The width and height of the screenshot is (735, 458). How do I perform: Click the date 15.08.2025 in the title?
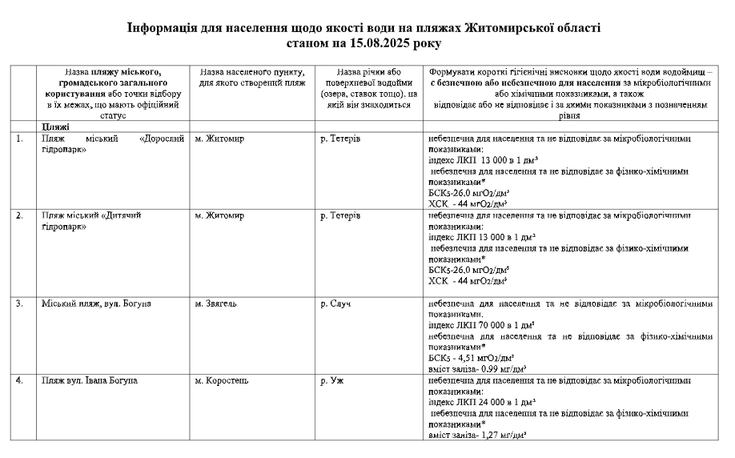click(388, 42)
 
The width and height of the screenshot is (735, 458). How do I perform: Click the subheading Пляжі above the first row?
click(55, 127)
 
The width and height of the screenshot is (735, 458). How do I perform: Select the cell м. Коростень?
click(222, 380)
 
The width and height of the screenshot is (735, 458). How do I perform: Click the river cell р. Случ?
click(335, 304)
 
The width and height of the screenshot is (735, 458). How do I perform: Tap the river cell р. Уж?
click(331, 380)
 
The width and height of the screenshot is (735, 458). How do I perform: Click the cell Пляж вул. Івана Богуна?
click(89, 380)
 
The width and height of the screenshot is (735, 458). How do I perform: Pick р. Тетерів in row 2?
click(339, 216)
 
